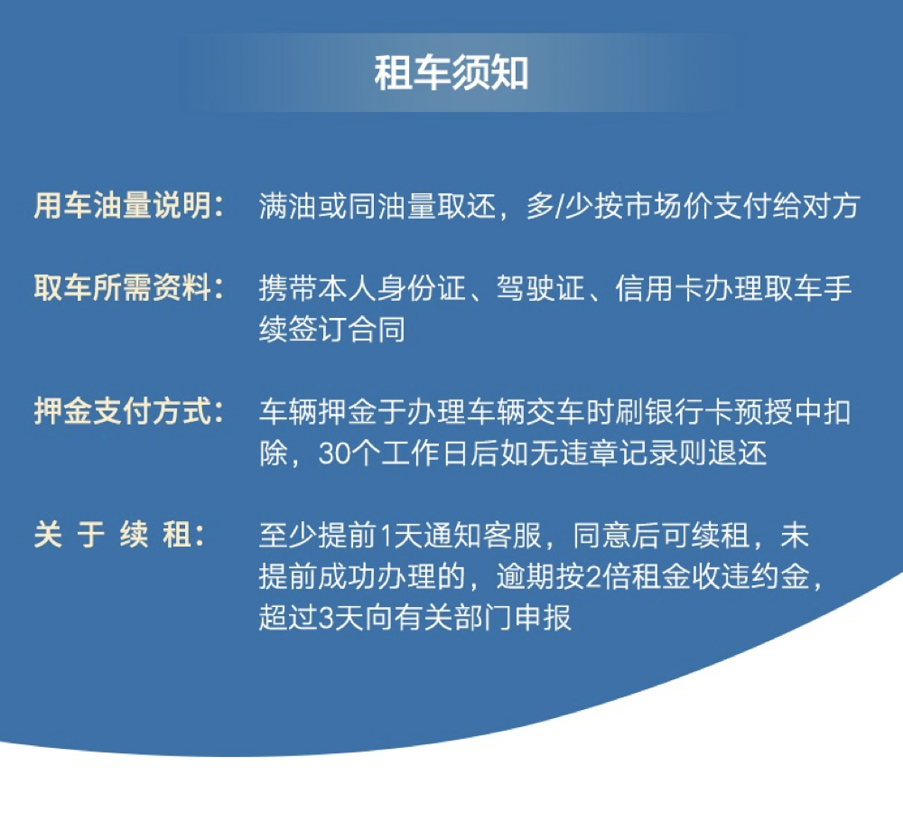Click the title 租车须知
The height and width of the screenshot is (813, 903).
point(451,73)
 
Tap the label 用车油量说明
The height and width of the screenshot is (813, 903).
point(123,206)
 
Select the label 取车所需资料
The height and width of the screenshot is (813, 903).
point(123,287)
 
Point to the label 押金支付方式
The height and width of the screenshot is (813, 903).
point(123,411)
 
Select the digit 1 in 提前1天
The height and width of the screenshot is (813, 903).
point(386,536)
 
